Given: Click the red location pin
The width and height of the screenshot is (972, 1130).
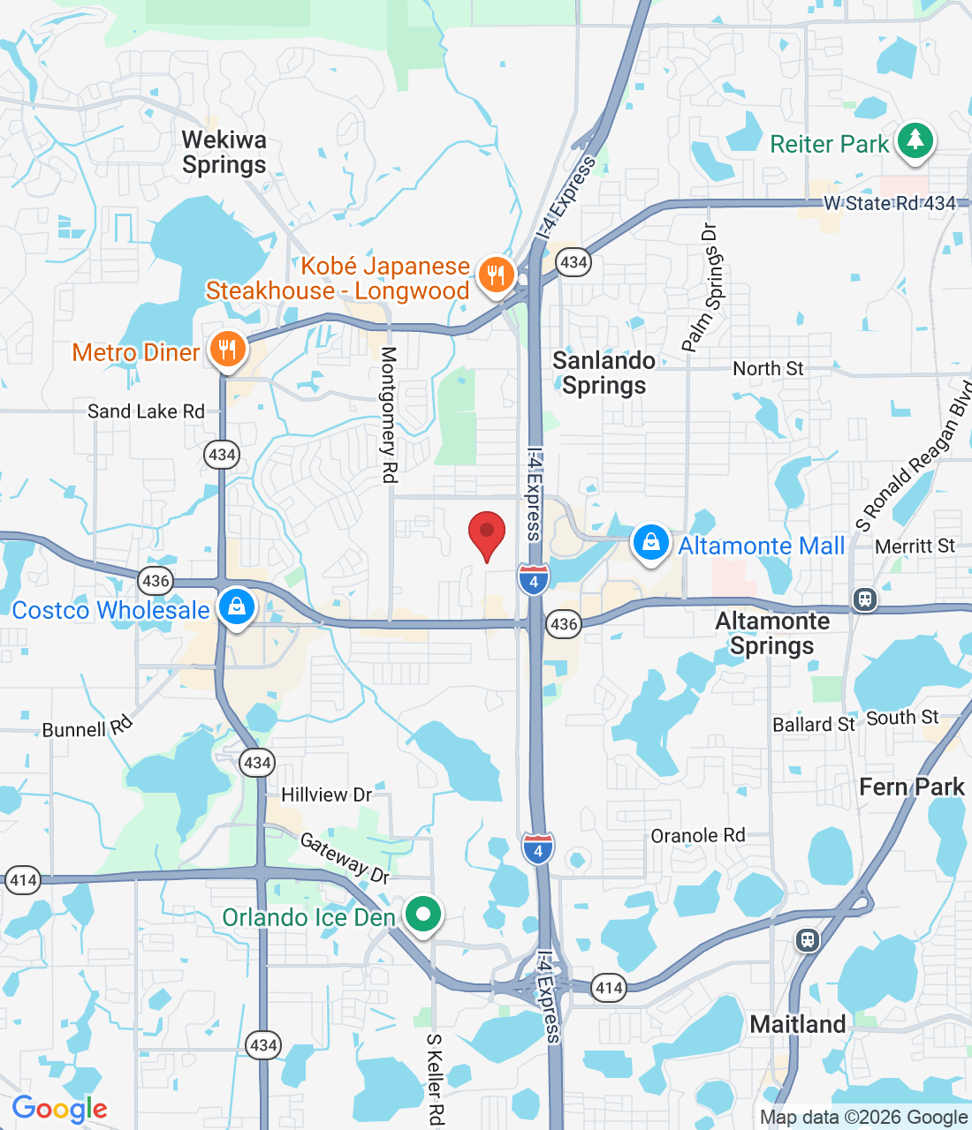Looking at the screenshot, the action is (x=486, y=532).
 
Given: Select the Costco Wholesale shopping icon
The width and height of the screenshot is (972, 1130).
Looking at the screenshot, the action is (x=236, y=607).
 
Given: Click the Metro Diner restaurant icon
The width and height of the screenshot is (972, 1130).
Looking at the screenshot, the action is (x=227, y=350).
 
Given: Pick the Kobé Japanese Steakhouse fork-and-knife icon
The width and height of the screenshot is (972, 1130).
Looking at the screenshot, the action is (x=496, y=275).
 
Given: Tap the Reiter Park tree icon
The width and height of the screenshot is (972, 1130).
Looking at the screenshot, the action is (x=915, y=141).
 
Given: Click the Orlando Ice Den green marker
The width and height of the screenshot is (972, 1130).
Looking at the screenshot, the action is (x=423, y=915).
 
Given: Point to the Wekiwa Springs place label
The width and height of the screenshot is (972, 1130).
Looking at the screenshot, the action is (x=224, y=153).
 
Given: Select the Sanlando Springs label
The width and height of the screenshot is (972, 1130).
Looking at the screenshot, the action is (x=604, y=373).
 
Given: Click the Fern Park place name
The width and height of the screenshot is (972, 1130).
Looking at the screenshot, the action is (x=911, y=787).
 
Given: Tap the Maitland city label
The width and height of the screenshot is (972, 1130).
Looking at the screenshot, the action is (x=797, y=1024).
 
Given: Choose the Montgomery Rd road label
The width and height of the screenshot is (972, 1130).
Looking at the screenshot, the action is (x=389, y=415).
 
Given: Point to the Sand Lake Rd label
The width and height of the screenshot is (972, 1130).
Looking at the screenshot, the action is (x=146, y=411).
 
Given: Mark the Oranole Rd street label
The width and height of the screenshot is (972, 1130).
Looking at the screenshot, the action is (x=697, y=835).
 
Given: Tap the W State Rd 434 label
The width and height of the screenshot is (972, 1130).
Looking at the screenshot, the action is (x=889, y=203).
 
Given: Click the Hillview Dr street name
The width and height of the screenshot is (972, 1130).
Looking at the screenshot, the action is (x=326, y=795).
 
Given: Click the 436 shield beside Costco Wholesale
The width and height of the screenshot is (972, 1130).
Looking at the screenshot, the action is (x=156, y=580).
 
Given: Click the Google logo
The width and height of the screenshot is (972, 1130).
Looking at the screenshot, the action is (x=59, y=1109).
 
